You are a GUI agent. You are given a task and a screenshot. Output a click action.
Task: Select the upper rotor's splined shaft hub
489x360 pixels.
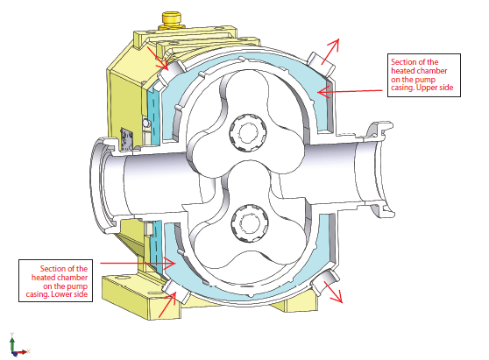click(x=248, y=132)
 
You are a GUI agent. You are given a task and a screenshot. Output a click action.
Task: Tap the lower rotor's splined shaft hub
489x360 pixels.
click(x=250, y=222)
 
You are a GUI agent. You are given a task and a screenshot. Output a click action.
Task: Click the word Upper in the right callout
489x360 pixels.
click(x=427, y=88)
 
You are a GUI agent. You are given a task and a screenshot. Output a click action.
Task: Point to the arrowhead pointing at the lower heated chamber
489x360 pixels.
click(x=170, y=264)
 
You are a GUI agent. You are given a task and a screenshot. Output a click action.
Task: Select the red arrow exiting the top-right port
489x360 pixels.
click(x=330, y=52)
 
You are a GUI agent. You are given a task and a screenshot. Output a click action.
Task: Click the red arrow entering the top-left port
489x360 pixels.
click(x=157, y=59)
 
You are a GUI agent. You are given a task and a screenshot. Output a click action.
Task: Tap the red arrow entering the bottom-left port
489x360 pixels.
click(x=167, y=305)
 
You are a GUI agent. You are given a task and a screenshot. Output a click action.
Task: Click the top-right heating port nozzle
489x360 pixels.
click(x=322, y=64)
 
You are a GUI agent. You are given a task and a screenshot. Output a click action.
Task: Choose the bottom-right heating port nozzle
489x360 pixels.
click(x=325, y=283)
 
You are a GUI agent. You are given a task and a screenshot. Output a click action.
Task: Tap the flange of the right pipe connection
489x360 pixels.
click(x=381, y=170)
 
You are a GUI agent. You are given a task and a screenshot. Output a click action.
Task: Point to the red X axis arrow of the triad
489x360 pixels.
click(x=22, y=352)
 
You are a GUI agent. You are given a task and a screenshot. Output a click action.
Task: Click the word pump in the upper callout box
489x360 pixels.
click(x=426, y=80)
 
